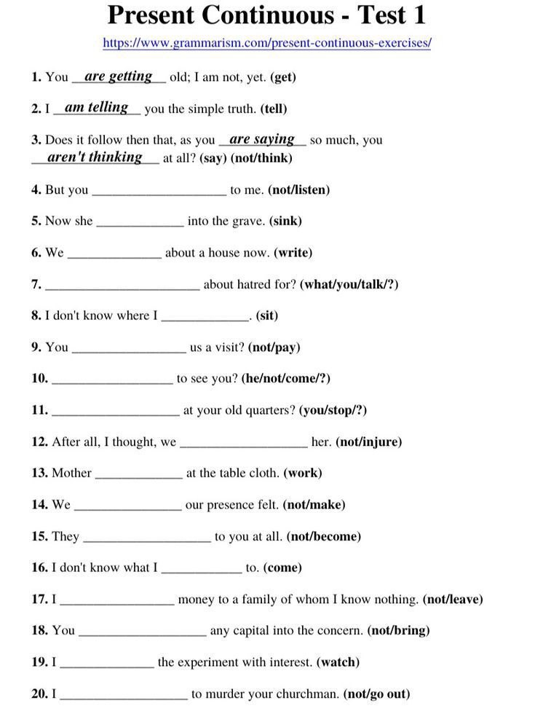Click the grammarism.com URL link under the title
[267, 43]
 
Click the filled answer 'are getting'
[119, 76]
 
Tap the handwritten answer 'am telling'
[96, 107]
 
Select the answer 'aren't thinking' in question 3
[95, 157]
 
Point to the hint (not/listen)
[298, 189]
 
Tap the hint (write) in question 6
[293, 253]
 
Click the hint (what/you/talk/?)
[349, 284]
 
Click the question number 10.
[39, 378]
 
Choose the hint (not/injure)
[368, 442]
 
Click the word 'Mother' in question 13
[71, 473]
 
